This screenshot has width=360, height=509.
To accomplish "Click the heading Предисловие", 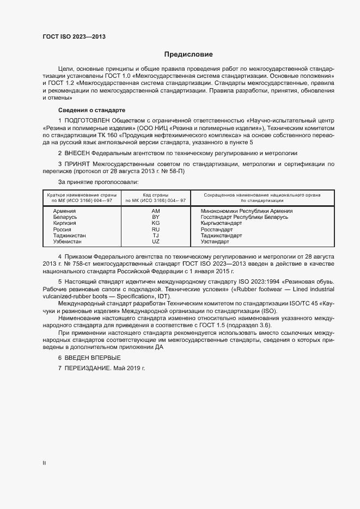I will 189,54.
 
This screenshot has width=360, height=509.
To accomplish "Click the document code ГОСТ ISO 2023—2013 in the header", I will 74,36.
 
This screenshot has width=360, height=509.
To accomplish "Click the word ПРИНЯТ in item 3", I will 77,164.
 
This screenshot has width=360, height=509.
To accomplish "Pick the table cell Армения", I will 64,211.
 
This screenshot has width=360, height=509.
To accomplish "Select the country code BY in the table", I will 155,217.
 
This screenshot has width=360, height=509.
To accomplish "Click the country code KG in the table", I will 155,223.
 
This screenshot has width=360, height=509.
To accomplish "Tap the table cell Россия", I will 62,229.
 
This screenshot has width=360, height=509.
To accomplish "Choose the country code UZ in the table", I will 155,241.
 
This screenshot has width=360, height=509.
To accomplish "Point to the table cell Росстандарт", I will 217,229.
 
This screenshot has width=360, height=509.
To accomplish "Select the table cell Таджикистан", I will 70,235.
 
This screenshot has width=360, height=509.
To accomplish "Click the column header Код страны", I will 155,194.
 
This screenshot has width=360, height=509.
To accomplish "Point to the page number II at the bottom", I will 44,463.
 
